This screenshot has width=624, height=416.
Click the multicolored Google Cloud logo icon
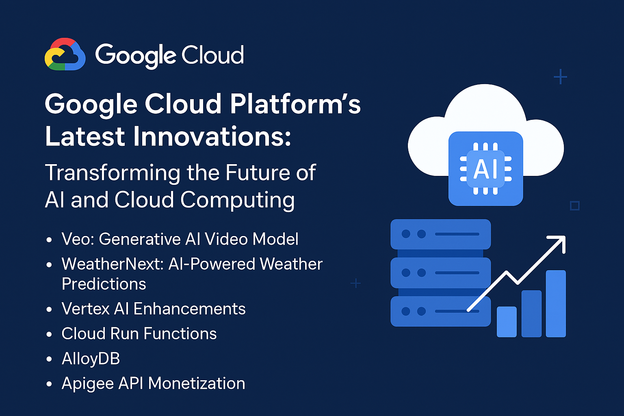click(x=65, y=54)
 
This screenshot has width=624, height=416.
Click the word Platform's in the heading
click(x=295, y=104)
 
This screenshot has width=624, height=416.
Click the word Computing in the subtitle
click(x=238, y=200)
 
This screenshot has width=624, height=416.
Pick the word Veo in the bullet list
click(x=78, y=239)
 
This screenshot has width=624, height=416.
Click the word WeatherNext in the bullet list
click(x=111, y=264)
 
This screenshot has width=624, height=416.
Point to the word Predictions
click(x=104, y=284)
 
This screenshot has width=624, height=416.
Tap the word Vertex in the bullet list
click(x=86, y=309)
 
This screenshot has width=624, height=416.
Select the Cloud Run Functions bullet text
click(x=139, y=334)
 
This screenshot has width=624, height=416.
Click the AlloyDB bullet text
click(x=91, y=359)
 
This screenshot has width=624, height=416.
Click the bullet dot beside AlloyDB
click(x=49, y=359)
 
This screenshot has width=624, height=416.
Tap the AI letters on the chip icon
click(x=485, y=169)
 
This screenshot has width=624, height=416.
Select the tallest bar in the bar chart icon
click(x=556, y=304)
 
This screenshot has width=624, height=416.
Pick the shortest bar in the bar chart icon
click(x=507, y=322)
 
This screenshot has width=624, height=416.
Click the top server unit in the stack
click(x=441, y=234)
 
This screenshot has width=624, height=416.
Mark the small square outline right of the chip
click(x=575, y=206)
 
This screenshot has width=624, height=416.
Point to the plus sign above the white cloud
click(x=561, y=77)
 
